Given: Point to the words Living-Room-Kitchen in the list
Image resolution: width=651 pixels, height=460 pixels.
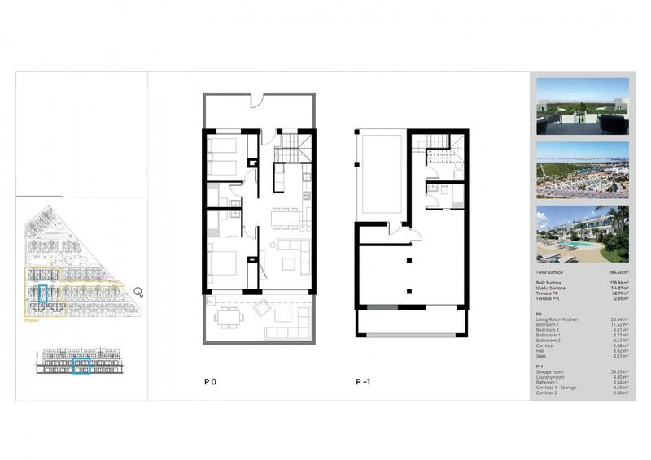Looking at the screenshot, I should tap(557, 319).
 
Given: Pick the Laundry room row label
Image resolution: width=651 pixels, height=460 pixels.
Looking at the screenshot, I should tap(552, 377).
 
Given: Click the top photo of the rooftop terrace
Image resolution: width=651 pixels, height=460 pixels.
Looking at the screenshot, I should tap(582, 106).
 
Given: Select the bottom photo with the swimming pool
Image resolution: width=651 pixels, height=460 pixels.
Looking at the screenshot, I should tap(582, 233).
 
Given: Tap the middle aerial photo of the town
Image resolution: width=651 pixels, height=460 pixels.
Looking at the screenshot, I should tap(582, 170).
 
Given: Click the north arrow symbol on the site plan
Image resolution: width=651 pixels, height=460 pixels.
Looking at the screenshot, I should tap(138, 293).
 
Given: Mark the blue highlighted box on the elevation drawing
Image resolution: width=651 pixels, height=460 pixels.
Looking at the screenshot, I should tap(81, 366).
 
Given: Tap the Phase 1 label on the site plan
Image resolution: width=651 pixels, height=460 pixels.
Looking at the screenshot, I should tap(33, 322).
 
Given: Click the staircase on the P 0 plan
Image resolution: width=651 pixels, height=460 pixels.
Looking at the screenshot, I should tap(291, 149).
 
